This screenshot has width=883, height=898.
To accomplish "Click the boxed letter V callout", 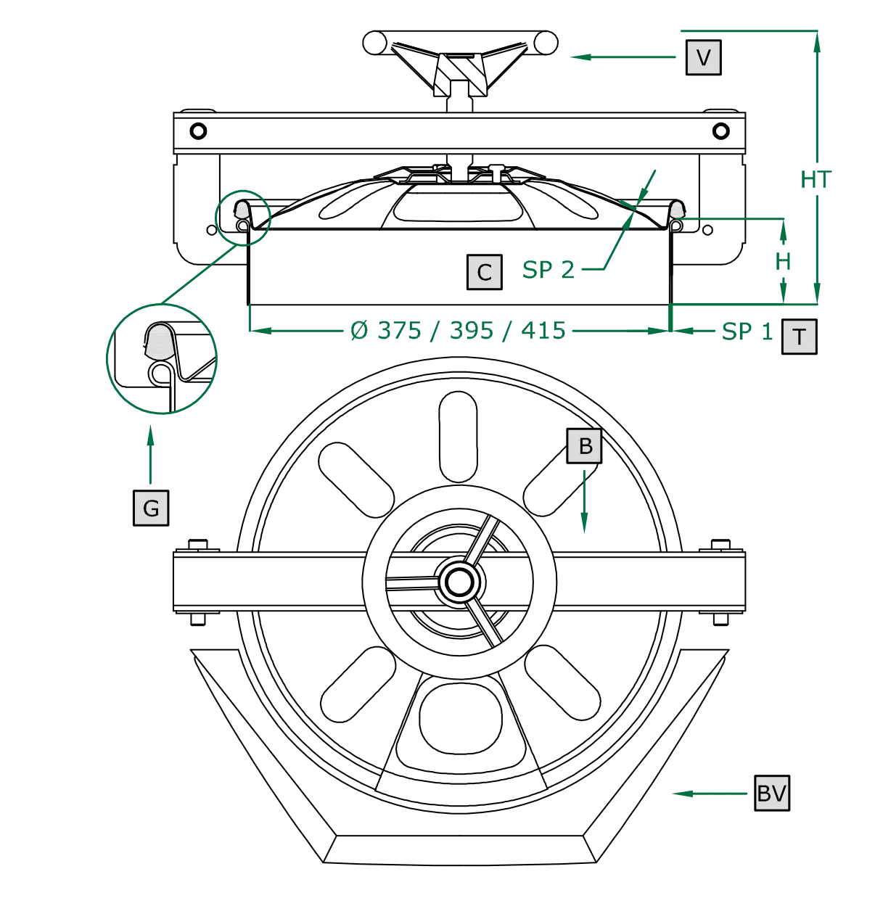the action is coord(703,57).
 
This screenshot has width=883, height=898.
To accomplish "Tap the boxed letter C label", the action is coord(485,272).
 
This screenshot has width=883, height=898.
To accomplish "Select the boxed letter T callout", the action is coord(799,337).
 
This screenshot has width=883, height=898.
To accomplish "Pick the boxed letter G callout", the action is coord(151,508).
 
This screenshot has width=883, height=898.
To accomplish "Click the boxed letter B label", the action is coord(584,446).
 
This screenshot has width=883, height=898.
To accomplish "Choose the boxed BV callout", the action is coord(772,793).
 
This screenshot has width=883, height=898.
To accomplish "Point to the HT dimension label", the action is coord(816,180).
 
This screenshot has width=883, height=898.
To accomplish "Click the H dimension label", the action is coord(783,261).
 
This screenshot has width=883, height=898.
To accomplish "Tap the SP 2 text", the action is coord(549,269).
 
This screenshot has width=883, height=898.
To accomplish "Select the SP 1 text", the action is coord(747,331).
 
